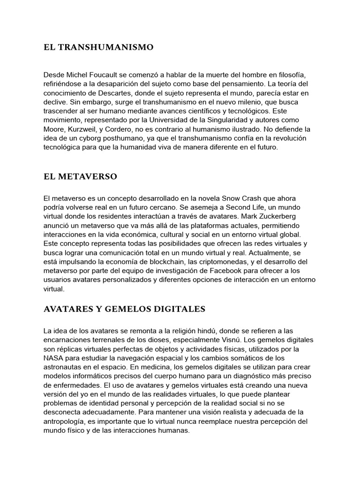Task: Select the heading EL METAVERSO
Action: [x=80, y=177]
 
